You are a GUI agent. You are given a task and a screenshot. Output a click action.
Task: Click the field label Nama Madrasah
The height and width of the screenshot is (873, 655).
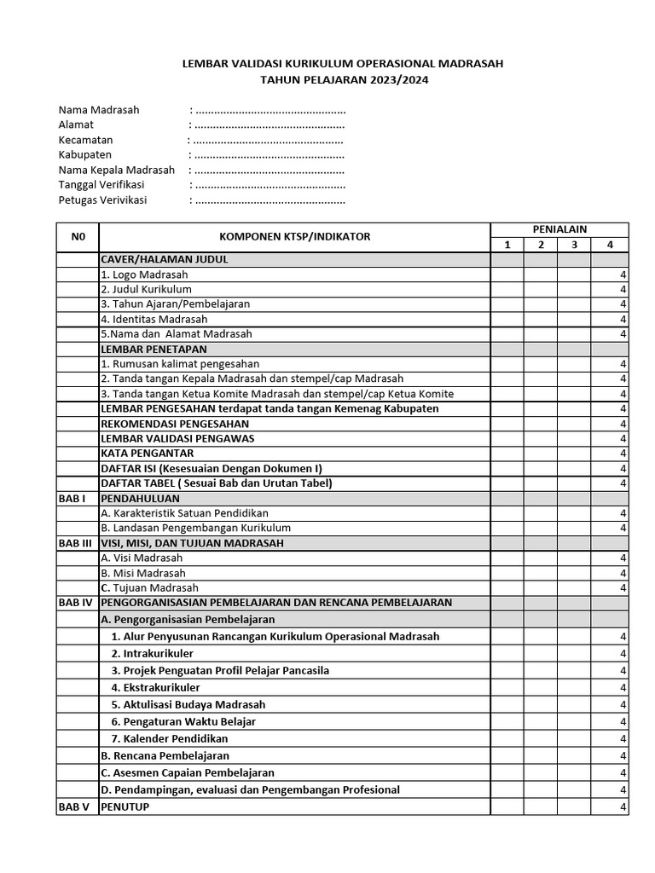[99, 110]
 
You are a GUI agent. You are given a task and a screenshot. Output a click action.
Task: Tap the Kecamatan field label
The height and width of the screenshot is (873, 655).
[86, 140]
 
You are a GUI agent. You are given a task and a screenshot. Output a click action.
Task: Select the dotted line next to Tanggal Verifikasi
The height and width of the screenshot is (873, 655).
[270, 185]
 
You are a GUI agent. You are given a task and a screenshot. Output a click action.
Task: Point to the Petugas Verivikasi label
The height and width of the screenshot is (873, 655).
[102, 200]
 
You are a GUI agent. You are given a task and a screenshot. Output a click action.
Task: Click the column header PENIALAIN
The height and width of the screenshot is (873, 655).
[559, 229]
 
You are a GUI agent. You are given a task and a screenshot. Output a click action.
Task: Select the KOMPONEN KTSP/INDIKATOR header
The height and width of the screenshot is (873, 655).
[295, 237]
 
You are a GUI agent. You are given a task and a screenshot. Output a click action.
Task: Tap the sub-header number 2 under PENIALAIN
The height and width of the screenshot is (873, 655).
[540, 246]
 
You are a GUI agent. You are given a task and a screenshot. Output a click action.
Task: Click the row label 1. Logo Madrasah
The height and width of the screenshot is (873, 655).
[144, 275]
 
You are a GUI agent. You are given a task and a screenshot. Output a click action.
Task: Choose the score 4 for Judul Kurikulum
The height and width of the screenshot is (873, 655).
[623, 289]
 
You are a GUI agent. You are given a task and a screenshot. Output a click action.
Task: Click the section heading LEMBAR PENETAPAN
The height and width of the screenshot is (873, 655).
[154, 349]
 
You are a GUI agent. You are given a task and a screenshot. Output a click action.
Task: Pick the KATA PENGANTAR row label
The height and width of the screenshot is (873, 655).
[148, 454]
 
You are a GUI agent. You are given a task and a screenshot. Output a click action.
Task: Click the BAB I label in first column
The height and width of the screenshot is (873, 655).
[72, 498]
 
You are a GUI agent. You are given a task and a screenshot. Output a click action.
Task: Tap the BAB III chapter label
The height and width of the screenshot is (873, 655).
[75, 543]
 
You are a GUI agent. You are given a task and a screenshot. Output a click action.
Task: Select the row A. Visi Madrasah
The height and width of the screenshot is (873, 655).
[142, 558]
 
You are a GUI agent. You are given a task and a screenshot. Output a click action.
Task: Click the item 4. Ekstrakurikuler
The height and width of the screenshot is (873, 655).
[155, 687]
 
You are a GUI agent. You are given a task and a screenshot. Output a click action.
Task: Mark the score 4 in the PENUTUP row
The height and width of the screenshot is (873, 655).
[623, 807]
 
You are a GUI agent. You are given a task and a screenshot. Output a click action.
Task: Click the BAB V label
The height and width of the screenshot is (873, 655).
[74, 807]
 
